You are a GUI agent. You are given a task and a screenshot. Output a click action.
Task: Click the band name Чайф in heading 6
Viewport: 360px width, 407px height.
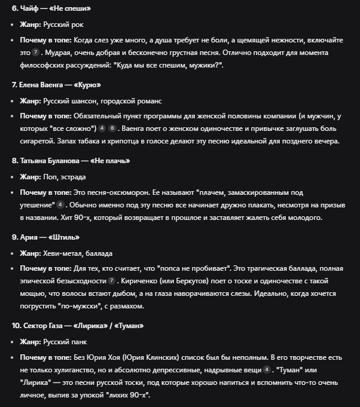[x=31, y=10]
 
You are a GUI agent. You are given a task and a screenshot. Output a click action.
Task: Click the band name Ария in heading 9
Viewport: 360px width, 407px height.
[x=31, y=237]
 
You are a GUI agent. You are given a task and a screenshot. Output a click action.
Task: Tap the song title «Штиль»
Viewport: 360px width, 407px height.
[x=66, y=237]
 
